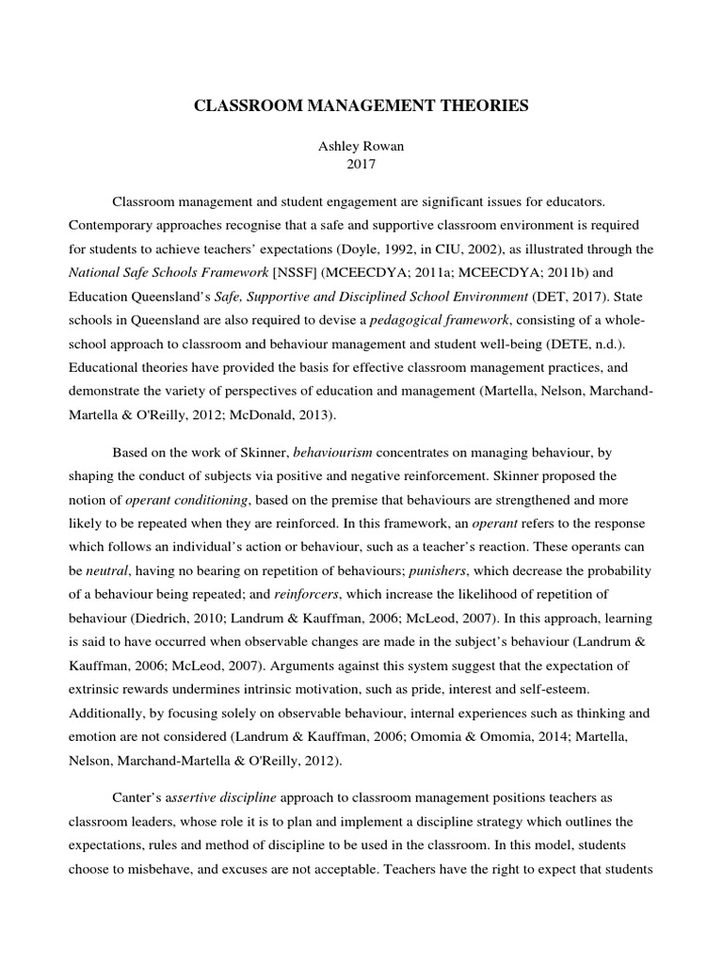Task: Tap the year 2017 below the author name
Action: tap(361, 165)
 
